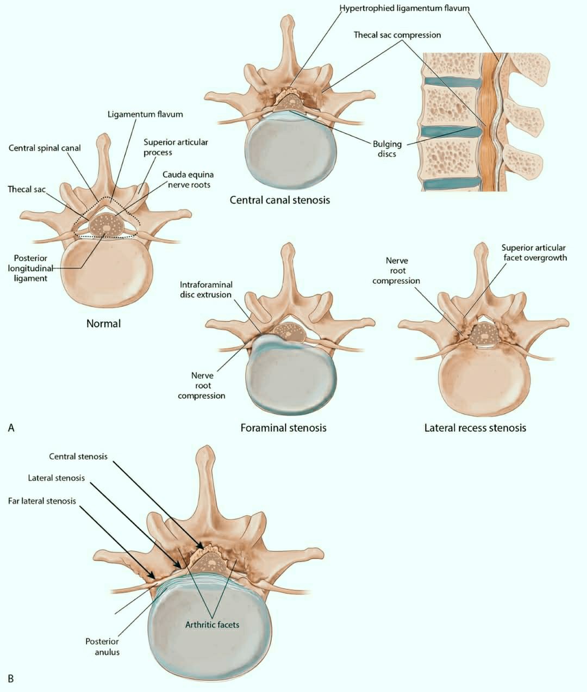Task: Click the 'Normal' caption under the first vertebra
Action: pos(103,323)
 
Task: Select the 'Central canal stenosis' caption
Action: pos(279,200)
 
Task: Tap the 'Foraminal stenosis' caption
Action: pos(283,428)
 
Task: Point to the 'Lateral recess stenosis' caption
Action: pos(475,428)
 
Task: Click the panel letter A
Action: pos(11,428)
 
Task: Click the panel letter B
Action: pos(11,678)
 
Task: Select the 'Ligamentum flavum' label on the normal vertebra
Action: pos(145,114)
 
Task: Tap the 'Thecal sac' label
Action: pos(27,189)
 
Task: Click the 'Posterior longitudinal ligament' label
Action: pos(30,268)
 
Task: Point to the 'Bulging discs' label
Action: pos(387,149)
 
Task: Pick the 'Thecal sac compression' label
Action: pos(397,35)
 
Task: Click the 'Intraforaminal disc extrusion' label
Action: pos(206,289)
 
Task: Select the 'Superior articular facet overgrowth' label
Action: pos(534,253)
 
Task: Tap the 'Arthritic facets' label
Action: pos(212,625)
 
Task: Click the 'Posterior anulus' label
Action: pos(103,647)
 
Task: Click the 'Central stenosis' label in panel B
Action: pos(78,456)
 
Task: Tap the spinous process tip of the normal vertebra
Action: pos(103,136)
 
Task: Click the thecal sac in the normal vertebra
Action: pos(107,226)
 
